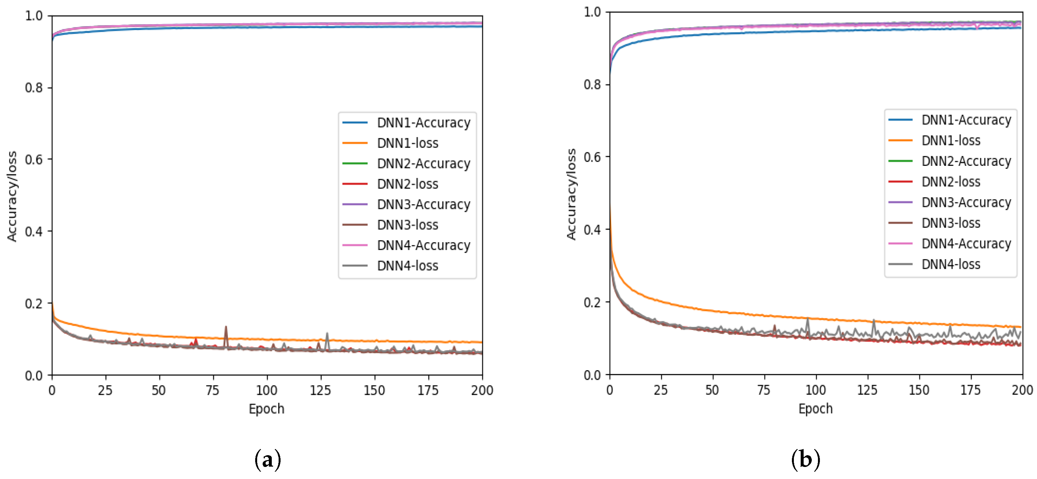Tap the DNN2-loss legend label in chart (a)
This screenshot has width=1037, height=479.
pos(408,184)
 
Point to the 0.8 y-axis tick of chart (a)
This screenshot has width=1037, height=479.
pos(34,87)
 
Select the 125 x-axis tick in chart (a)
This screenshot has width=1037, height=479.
pos(320,390)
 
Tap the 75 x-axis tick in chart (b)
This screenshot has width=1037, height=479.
pos(764,390)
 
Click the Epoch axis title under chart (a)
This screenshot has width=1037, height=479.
pos(267,409)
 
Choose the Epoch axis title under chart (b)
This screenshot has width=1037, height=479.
pos(816,409)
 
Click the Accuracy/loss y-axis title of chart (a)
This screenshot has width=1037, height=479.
pos(12,196)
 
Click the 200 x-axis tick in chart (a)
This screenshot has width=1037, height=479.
pos(482,390)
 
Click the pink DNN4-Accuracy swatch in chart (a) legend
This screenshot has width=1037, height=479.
pos(355,245)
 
